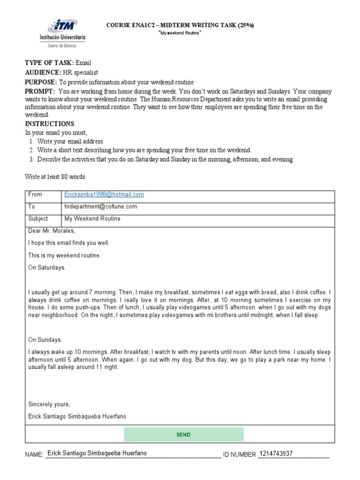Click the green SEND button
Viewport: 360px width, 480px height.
tap(184, 435)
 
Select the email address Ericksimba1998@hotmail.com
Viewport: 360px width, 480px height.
tap(104, 195)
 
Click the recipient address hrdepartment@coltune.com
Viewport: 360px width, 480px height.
tap(100, 207)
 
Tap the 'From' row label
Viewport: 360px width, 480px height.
tap(35, 195)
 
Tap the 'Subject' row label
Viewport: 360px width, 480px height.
tap(38, 219)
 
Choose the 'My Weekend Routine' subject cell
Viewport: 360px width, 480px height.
tap(92, 219)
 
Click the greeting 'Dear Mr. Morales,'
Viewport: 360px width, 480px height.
tap(52, 231)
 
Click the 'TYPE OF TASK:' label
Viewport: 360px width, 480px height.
tap(48, 63)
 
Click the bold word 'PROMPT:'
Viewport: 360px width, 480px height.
tap(40, 91)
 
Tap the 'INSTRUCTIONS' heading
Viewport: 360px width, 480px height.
tap(49, 124)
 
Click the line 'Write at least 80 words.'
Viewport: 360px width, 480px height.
tap(55, 177)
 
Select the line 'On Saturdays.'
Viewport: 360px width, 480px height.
tap(47, 268)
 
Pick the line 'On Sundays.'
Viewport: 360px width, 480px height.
tap(45, 340)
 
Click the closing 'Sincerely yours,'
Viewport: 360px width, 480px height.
tap(49, 404)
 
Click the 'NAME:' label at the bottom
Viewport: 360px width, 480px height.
tap(33, 455)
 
